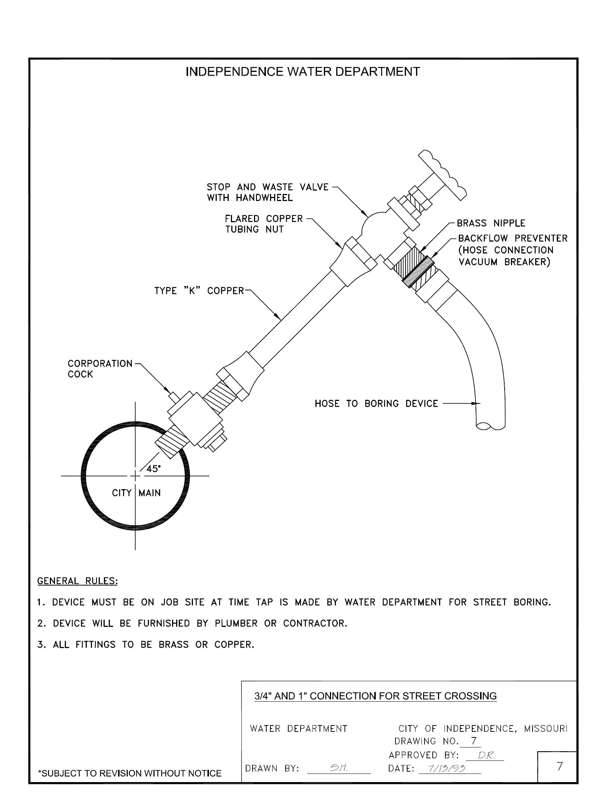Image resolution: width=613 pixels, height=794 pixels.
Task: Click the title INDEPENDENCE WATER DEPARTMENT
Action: point(302,71)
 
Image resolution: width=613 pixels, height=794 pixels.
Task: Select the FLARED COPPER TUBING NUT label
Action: point(264,224)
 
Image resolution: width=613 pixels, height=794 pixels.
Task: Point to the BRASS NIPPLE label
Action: point(491,223)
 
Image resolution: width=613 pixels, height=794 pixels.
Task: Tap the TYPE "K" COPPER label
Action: point(199,291)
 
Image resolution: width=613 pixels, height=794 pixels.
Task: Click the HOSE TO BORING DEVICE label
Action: point(376,404)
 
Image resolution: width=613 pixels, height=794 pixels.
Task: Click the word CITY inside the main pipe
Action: point(122,493)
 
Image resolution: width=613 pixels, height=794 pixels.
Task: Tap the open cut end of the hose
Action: point(490,425)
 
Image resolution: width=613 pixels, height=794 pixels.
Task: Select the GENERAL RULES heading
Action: point(77,581)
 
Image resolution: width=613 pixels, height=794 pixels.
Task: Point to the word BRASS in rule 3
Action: point(174,645)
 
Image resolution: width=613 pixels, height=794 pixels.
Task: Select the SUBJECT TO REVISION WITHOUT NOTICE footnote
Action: point(130,774)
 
